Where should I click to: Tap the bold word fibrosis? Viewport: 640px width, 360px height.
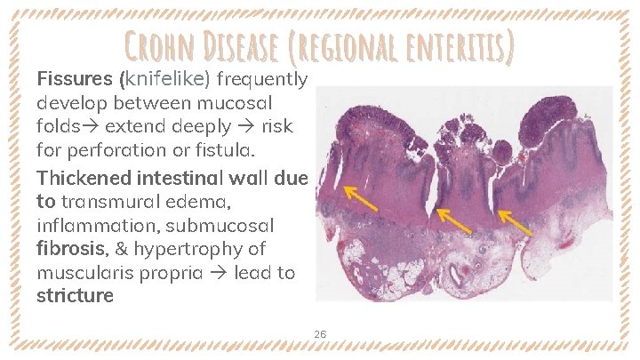click(67, 249)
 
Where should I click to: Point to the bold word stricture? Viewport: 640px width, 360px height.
click(75, 296)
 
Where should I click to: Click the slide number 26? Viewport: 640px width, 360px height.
click(320, 334)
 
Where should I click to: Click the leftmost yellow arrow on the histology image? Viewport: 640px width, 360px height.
click(360, 197)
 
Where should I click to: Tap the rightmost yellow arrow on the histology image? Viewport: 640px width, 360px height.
click(515, 222)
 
